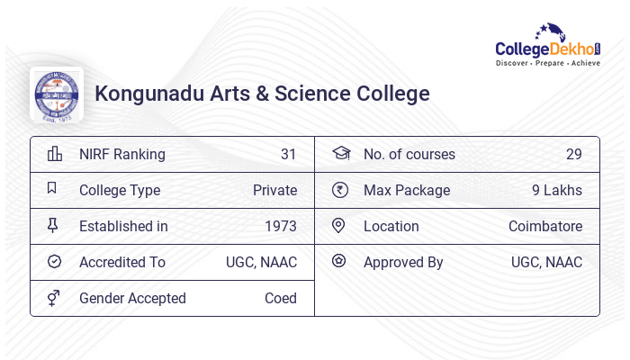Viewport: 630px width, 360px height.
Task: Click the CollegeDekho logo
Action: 548,45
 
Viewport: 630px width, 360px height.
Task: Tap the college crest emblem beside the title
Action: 57,94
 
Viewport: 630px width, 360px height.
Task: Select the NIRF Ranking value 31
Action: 288,154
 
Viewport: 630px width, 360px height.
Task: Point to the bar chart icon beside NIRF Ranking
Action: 55,154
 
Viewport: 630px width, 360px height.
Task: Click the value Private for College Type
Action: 274,190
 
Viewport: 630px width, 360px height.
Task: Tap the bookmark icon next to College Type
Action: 52,187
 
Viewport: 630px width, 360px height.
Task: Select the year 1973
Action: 281,226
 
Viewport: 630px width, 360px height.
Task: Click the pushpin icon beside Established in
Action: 52,225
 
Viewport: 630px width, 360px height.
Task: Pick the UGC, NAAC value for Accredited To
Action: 261,263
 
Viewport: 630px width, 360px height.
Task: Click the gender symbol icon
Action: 53,298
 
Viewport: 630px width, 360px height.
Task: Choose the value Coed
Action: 281,298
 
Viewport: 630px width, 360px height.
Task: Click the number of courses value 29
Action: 574,154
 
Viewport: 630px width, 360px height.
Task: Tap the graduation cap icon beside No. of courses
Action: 341,153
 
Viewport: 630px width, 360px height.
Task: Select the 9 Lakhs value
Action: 557,190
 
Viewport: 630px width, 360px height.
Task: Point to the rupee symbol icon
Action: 340,190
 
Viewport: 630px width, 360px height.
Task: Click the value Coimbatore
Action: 545,226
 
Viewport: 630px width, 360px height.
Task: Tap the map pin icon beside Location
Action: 338,225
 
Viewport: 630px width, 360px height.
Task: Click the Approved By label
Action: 403,263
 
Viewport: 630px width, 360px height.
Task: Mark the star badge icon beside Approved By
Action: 338,261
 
